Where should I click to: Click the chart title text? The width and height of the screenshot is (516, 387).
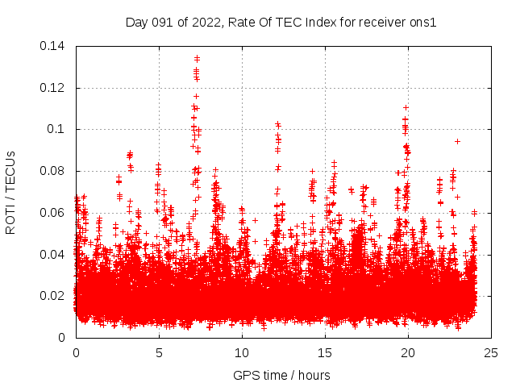[x=281, y=23]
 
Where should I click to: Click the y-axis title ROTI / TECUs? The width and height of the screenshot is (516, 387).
[x=10, y=191]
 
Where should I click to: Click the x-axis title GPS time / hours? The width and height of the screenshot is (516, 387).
[x=281, y=375]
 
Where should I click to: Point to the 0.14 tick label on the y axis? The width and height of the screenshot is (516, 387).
[x=54, y=46]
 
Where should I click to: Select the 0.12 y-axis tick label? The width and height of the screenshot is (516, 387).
[x=54, y=87]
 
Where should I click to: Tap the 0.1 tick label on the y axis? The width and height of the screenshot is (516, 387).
[x=58, y=129]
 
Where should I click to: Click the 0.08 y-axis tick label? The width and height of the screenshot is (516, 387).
[x=54, y=171]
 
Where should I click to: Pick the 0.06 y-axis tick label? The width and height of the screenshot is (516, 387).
[x=54, y=212]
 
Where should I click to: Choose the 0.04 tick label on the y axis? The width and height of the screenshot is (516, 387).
[x=54, y=254]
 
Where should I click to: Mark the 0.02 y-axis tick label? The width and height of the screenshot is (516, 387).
[x=54, y=296]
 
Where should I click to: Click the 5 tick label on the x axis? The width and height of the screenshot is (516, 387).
[x=159, y=352]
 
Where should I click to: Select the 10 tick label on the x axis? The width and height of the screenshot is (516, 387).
[x=242, y=352]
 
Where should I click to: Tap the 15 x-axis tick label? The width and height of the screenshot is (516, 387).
[x=325, y=352]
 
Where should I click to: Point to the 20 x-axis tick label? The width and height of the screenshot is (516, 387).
[x=408, y=352]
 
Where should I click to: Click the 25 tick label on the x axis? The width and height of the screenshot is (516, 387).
[x=491, y=352]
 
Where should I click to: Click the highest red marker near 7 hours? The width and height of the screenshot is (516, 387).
[x=197, y=58]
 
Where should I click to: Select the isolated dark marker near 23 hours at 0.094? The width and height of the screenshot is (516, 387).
[x=457, y=141]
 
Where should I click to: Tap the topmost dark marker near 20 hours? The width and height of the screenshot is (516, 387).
[x=406, y=107]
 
